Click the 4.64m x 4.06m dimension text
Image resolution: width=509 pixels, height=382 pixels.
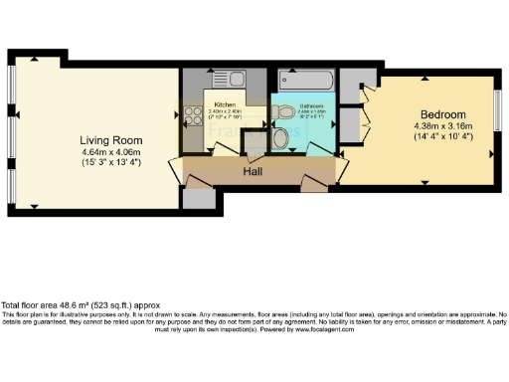pyautogui.click(x=111, y=151)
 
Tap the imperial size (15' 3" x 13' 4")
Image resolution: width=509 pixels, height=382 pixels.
pyautogui.click(x=111, y=162)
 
